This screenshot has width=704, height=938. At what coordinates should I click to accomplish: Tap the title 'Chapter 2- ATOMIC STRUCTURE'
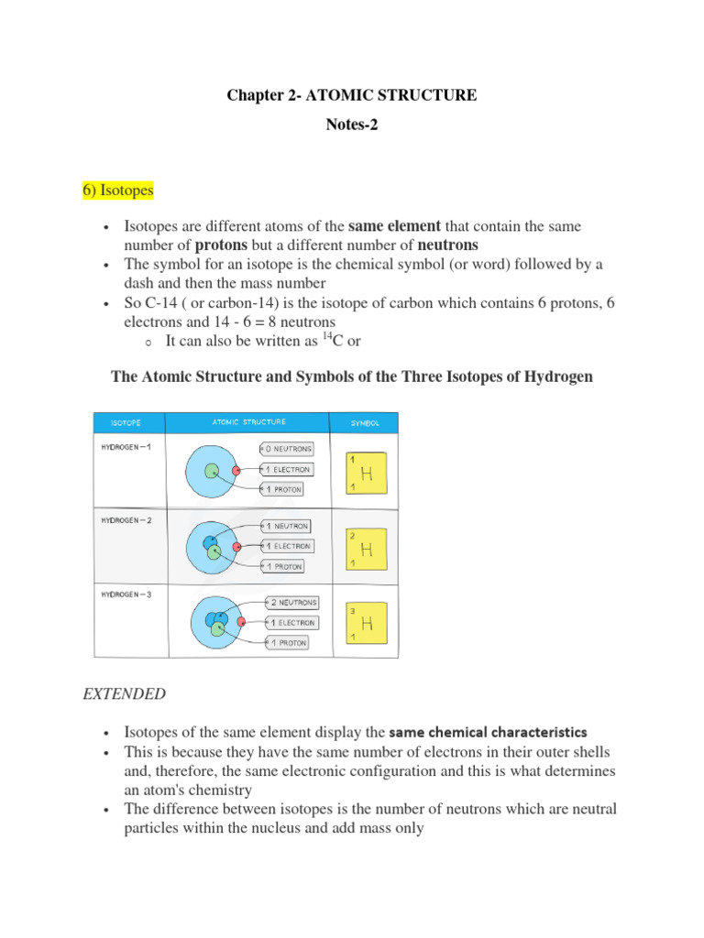[352, 95]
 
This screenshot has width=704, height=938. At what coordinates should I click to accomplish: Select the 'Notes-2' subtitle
[352, 125]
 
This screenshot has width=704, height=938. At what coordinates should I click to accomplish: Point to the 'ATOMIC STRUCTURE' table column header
[248, 422]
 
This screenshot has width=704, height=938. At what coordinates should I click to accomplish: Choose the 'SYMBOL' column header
[366, 423]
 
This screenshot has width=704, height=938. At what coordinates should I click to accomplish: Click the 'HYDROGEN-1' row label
[126, 447]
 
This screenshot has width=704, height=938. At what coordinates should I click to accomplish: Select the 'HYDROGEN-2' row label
[126, 518]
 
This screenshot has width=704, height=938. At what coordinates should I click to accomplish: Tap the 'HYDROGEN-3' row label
[126, 594]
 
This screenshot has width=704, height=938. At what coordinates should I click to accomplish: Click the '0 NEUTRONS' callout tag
[288, 449]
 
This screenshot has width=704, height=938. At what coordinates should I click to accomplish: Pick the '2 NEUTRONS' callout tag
[292, 603]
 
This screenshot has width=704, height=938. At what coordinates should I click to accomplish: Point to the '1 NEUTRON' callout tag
[287, 527]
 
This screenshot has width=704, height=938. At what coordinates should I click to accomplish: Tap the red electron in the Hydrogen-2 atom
[237, 547]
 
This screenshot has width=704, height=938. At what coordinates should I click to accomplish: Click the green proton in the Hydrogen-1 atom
[212, 471]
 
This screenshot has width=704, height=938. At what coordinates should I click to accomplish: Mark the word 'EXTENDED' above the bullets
[125, 693]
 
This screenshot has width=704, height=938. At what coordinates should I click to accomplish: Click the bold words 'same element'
[395, 225]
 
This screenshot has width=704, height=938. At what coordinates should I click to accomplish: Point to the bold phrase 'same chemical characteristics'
[488, 733]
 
